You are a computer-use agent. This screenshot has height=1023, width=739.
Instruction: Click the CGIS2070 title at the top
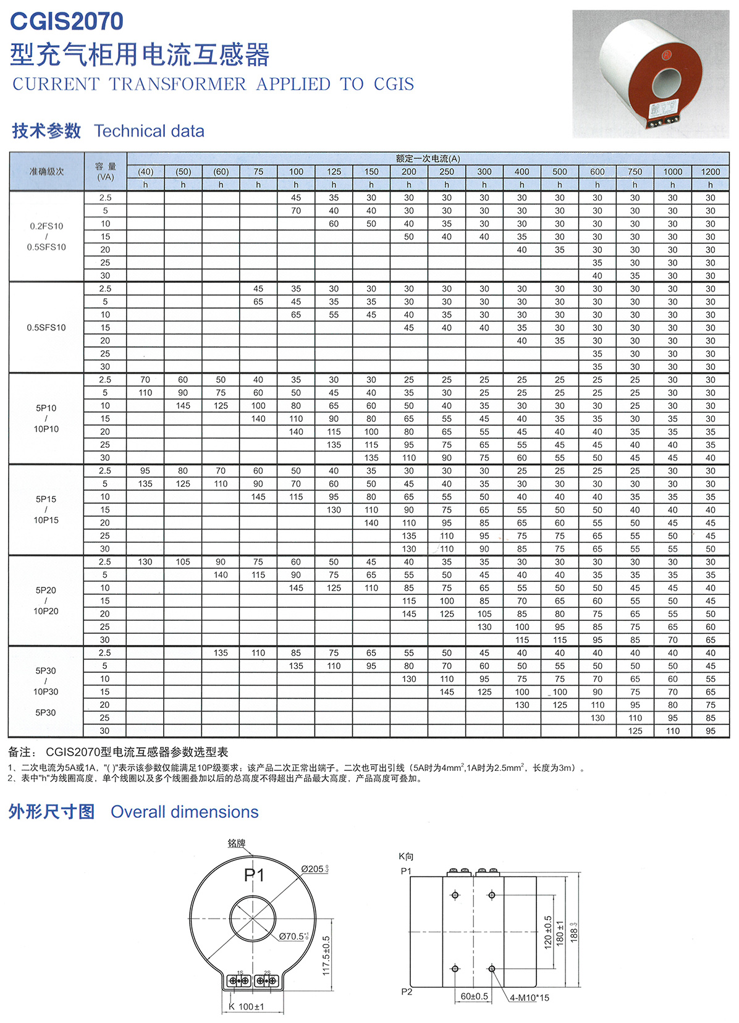coord(67,22)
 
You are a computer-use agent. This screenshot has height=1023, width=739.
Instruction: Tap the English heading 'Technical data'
coord(149,131)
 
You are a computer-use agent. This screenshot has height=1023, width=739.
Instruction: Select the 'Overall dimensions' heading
coord(184,812)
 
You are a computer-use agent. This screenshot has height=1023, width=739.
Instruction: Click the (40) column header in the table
coord(145,172)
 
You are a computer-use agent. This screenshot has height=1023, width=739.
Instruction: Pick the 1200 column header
coord(710,172)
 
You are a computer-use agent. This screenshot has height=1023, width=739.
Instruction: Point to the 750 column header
coord(635,172)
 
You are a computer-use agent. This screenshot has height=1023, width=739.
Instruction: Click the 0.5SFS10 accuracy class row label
coord(46,327)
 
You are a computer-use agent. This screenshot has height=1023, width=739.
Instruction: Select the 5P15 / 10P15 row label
coord(46,510)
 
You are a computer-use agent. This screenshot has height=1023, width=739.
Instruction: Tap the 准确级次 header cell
coord(46,172)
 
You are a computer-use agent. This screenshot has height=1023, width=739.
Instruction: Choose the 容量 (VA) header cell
coord(105,172)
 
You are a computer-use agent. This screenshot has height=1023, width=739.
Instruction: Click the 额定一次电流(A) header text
coord(428,159)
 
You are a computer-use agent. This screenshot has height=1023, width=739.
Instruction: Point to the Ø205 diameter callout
coord(315,869)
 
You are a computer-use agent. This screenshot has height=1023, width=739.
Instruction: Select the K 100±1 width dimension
coord(247,1007)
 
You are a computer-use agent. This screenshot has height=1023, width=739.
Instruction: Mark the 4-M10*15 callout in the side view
coord(530,998)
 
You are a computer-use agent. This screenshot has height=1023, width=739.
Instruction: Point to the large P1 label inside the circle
coord(255,875)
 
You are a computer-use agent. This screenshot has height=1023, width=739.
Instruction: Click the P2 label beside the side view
coord(406,991)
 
